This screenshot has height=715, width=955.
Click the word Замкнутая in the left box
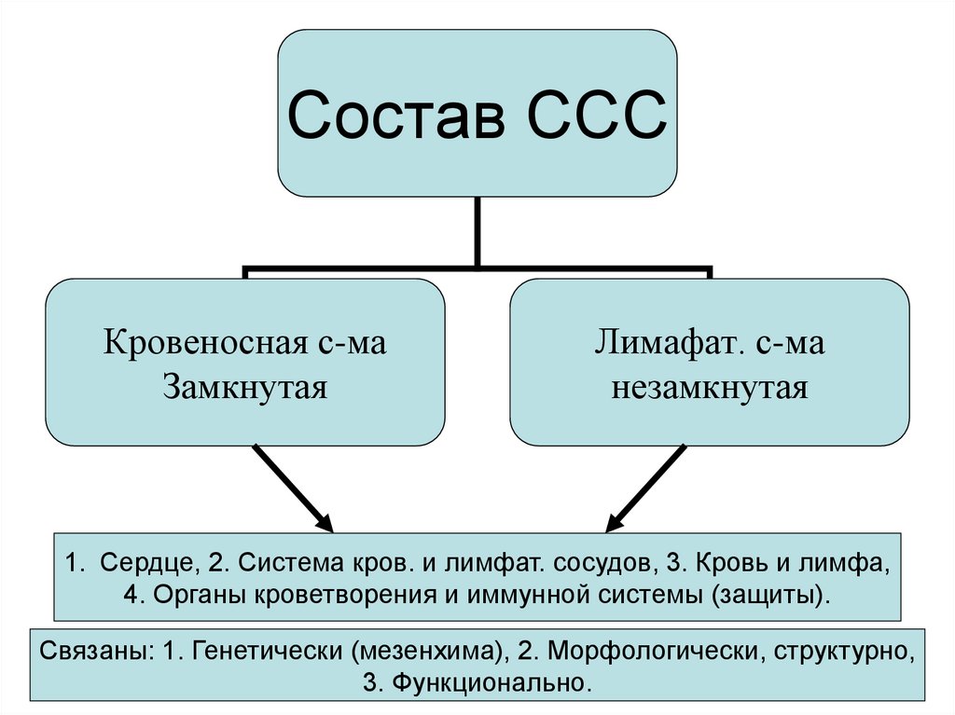coord(245,385)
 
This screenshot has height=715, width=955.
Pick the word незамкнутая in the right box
coord(709,385)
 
